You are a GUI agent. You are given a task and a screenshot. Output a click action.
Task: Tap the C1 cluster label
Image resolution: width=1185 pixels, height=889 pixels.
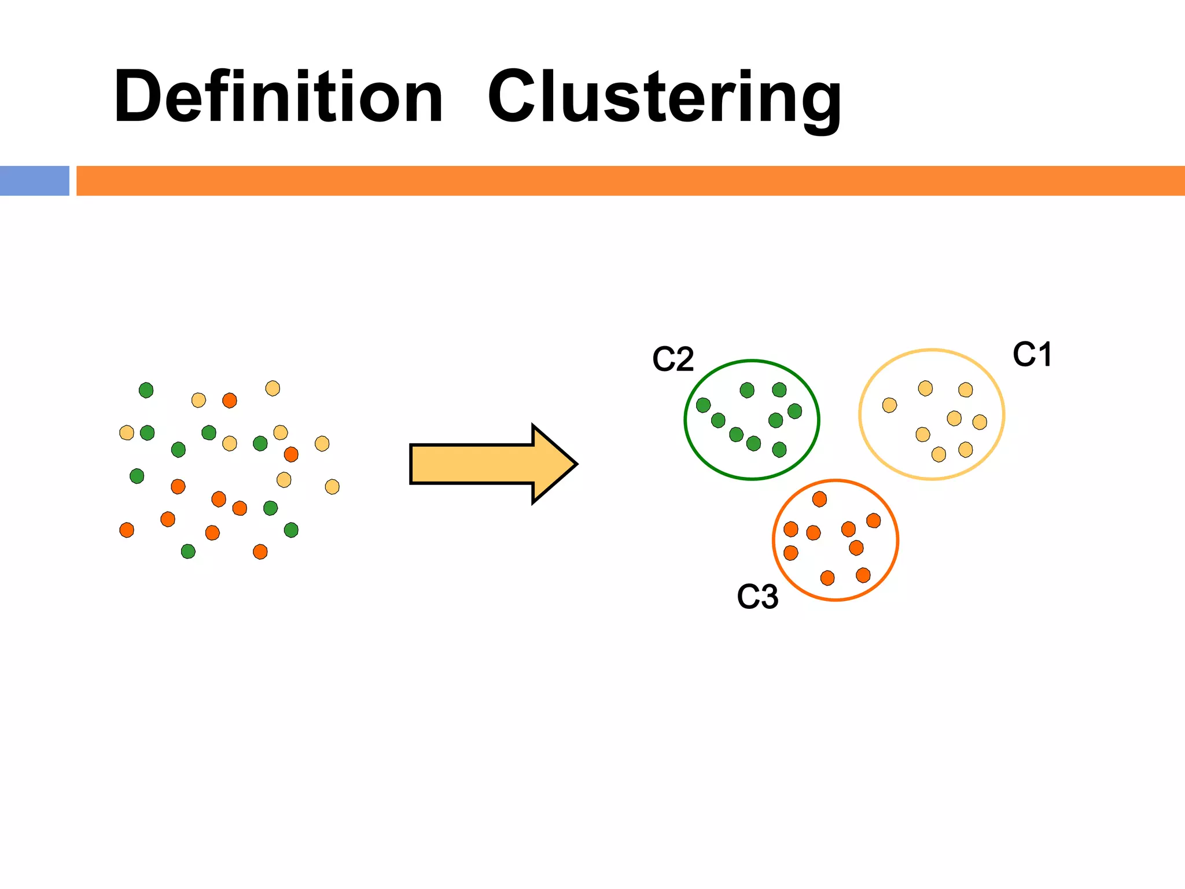click(1032, 354)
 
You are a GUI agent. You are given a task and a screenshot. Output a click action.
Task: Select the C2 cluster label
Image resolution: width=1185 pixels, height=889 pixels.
click(673, 359)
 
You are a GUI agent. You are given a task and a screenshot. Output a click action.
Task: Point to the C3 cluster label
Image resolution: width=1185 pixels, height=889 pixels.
click(757, 597)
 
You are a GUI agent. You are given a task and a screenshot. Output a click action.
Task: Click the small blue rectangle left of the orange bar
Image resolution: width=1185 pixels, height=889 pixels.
click(34, 181)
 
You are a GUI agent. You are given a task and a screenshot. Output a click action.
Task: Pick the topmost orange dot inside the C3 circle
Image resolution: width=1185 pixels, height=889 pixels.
click(819, 499)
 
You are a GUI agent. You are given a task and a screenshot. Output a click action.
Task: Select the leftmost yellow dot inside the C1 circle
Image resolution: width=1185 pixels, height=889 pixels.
click(889, 405)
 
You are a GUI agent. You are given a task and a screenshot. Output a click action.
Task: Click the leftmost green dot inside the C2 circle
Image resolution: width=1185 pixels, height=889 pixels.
click(703, 405)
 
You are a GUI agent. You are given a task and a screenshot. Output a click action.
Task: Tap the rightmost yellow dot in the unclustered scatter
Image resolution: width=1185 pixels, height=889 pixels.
click(332, 487)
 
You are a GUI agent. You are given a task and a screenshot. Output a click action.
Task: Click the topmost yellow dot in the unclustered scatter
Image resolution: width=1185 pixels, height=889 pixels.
click(273, 388)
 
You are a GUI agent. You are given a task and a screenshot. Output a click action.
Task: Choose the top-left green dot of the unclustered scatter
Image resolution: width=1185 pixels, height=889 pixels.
click(146, 390)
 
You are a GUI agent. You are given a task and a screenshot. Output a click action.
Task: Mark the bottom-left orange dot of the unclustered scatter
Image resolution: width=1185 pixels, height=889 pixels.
click(127, 530)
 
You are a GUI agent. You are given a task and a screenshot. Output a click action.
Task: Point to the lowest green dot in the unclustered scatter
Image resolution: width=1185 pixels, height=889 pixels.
click(188, 551)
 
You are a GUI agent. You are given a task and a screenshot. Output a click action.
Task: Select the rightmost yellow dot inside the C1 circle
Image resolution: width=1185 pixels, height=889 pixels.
click(980, 422)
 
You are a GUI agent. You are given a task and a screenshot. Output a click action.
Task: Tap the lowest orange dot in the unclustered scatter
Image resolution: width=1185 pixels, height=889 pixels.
click(260, 552)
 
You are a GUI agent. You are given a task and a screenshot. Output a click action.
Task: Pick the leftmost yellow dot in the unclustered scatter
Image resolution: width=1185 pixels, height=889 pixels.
click(127, 432)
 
